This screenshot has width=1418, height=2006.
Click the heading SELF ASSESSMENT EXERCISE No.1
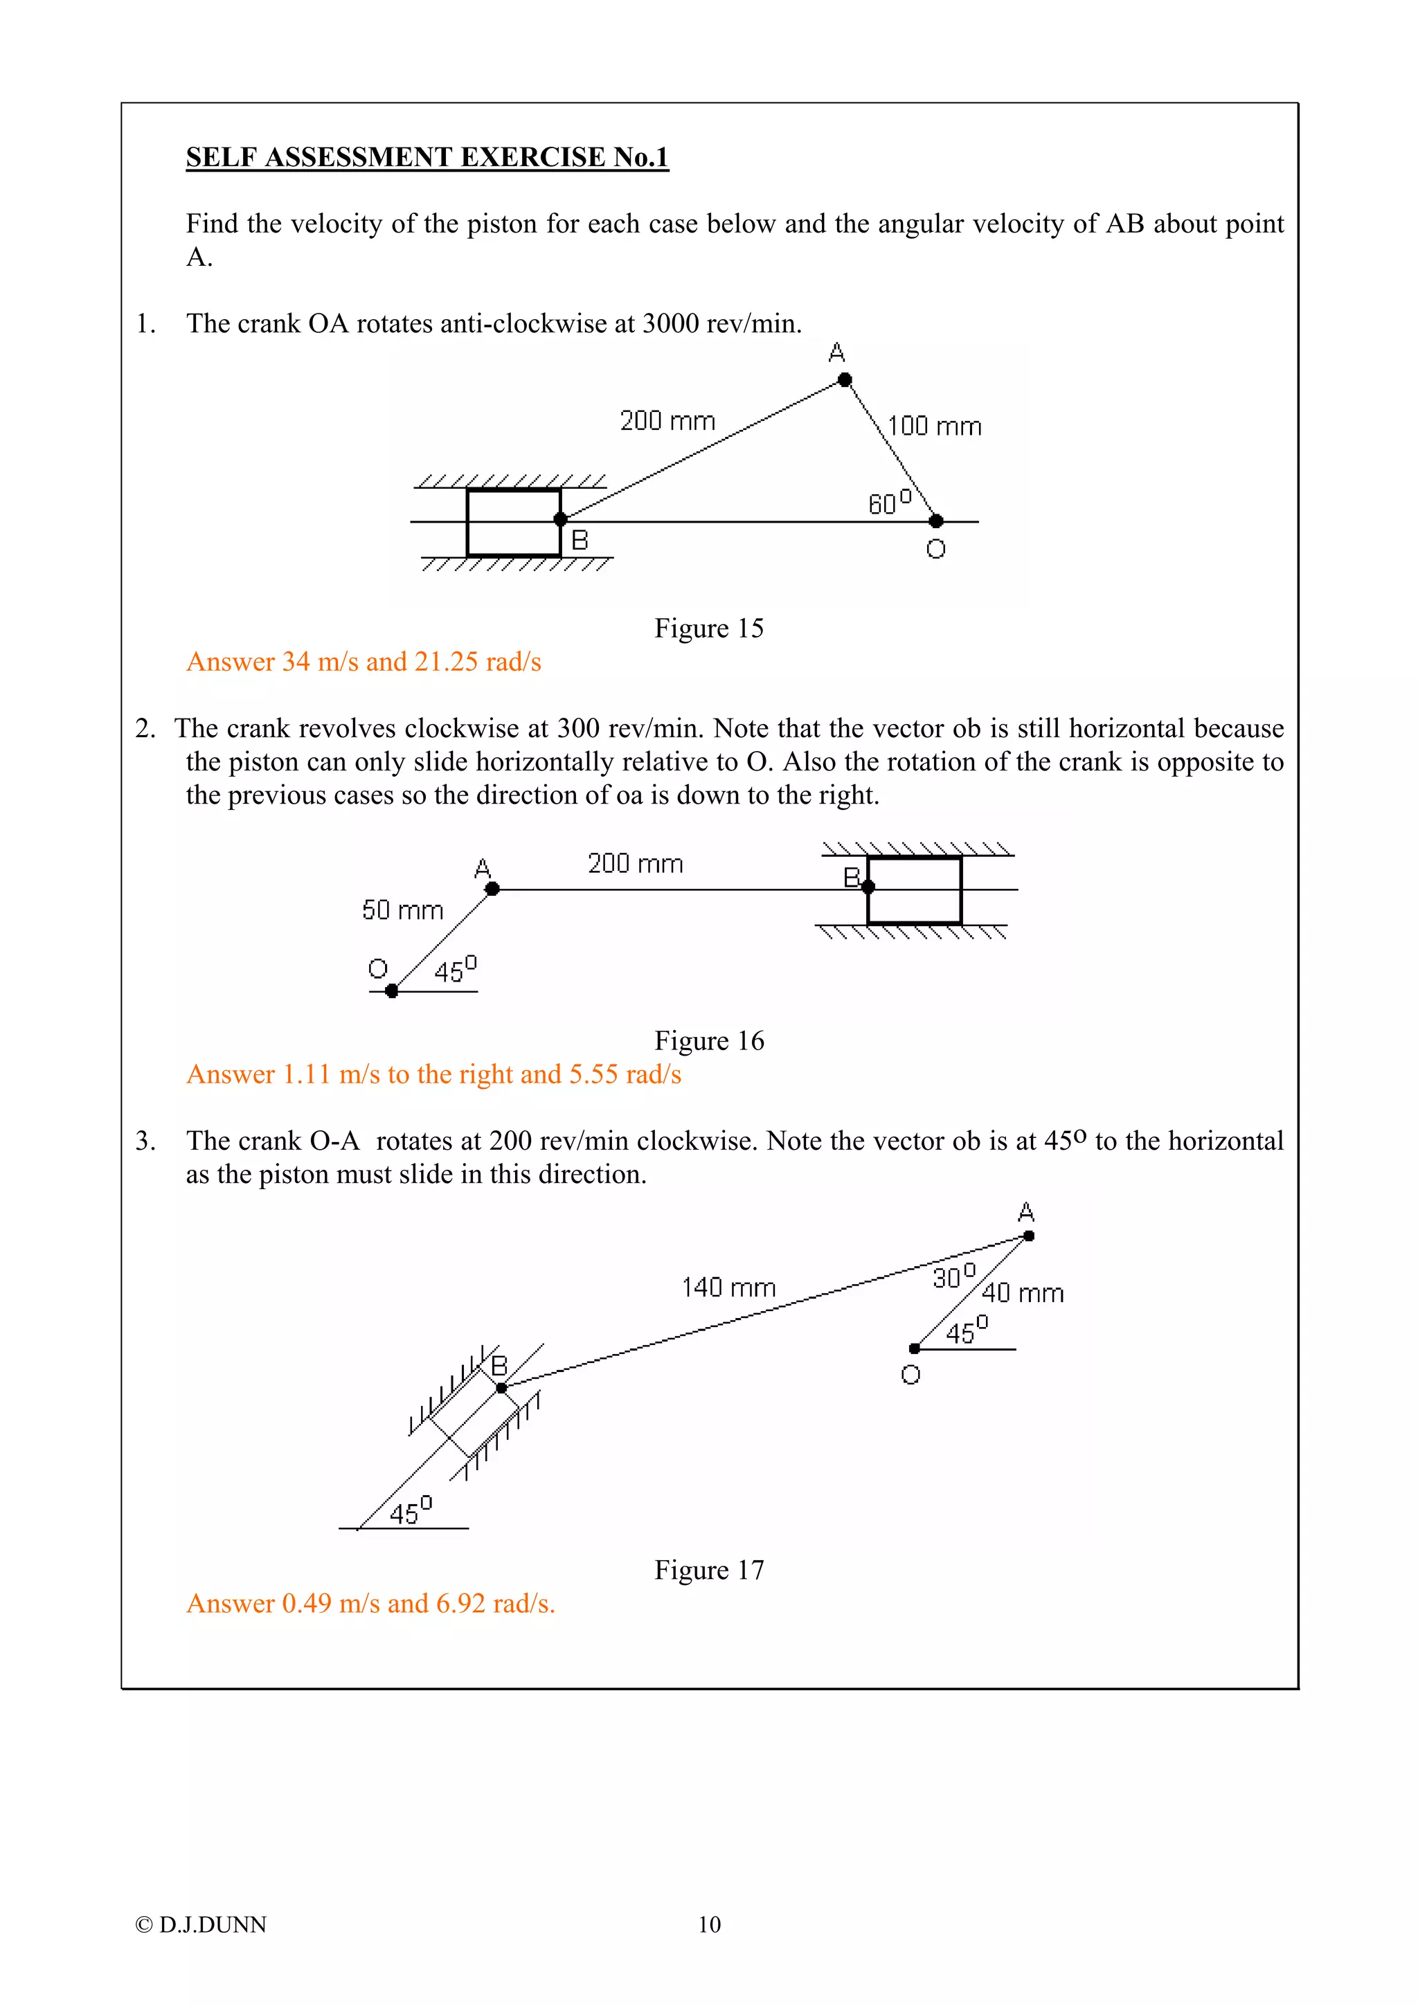(x=427, y=157)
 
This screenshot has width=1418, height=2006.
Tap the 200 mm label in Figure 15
(x=667, y=421)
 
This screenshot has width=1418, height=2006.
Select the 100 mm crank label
(x=934, y=426)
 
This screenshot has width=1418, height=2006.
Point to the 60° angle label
(x=888, y=503)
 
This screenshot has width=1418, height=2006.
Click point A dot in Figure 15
(x=845, y=379)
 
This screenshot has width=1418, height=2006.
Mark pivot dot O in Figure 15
(x=935, y=522)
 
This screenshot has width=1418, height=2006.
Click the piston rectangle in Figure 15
(x=513, y=523)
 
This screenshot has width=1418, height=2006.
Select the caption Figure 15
(x=708, y=629)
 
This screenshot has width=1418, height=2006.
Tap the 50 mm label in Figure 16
(x=403, y=910)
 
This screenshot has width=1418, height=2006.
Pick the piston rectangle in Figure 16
(x=914, y=890)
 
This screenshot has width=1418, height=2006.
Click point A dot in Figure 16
(x=492, y=889)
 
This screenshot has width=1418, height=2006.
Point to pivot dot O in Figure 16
(x=391, y=991)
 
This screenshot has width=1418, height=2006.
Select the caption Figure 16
(x=708, y=1040)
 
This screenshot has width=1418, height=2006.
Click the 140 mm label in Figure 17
(x=728, y=1287)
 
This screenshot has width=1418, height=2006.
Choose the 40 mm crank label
(x=1022, y=1293)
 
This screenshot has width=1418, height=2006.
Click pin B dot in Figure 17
(x=501, y=1387)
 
